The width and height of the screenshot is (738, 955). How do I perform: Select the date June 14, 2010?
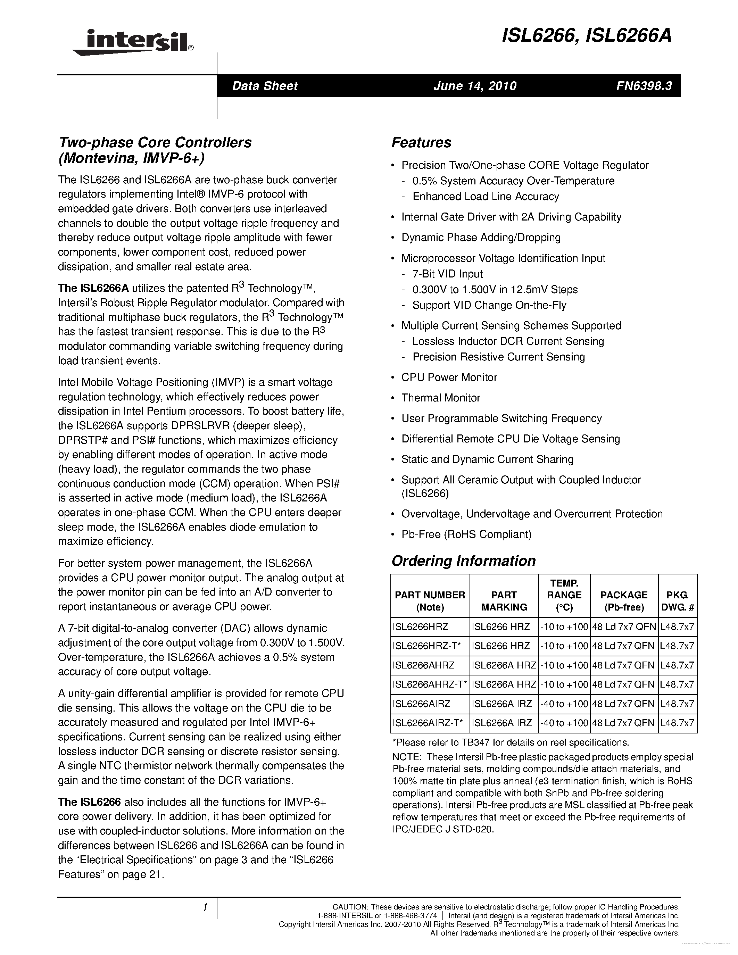click(x=475, y=86)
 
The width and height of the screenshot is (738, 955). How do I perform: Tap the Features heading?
click(x=421, y=142)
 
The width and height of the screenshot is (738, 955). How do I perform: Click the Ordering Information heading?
click(x=463, y=561)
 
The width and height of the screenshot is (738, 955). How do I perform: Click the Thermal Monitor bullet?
click(x=440, y=398)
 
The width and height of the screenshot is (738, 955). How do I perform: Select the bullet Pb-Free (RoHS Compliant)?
click(x=466, y=534)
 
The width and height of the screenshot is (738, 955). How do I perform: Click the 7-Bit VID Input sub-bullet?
click(x=447, y=274)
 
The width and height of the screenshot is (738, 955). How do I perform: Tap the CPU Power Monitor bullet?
click(x=449, y=377)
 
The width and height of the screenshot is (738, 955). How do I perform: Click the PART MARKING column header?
click(x=504, y=601)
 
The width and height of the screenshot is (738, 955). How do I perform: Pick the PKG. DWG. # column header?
click(x=677, y=601)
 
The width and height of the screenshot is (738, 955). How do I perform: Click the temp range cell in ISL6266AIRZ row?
click(x=564, y=704)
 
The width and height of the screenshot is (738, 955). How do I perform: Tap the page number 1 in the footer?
click(x=204, y=907)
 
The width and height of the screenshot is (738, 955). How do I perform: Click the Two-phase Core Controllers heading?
click(x=155, y=142)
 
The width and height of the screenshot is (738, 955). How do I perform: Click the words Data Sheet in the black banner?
click(x=265, y=86)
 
